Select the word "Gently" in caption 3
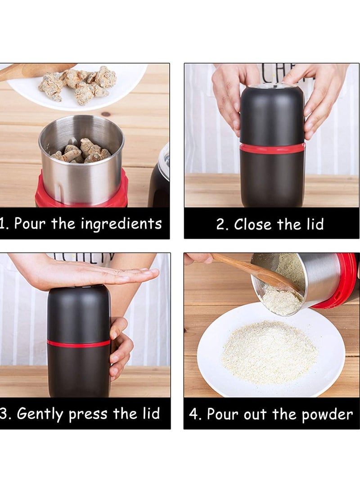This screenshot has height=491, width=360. (40, 414)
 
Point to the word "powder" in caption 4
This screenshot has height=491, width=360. (327, 415)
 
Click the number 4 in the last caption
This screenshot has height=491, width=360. (194, 414)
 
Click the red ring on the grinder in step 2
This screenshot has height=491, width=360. (272, 148)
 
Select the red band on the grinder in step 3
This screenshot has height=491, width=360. (79, 343)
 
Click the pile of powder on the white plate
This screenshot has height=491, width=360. (269, 352)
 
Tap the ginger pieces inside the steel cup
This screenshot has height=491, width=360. (82, 151)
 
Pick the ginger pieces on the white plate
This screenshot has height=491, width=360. (78, 84)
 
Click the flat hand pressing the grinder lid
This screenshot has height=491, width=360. (85, 270)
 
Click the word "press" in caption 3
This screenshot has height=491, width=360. (88, 415)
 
